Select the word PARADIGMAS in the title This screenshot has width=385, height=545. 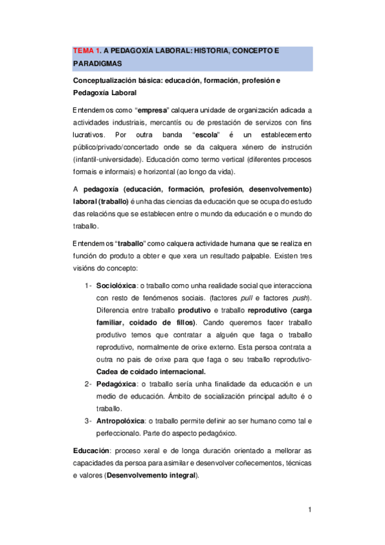pos(96,64)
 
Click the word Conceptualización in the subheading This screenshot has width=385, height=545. pos(112,81)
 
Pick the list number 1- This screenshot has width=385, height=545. pos(89,285)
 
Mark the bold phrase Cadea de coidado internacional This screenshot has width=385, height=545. pos(150,372)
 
